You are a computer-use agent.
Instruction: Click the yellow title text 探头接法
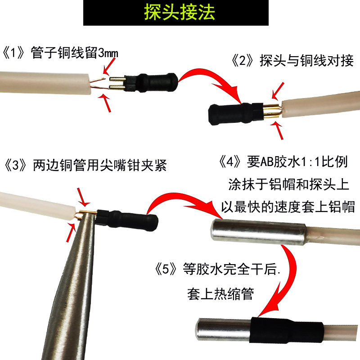pos(180,12)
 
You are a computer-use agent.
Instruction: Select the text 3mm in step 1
pos(108,54)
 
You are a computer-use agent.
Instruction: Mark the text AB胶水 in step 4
pos(273,161)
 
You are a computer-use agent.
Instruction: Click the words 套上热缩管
pos(220,293)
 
